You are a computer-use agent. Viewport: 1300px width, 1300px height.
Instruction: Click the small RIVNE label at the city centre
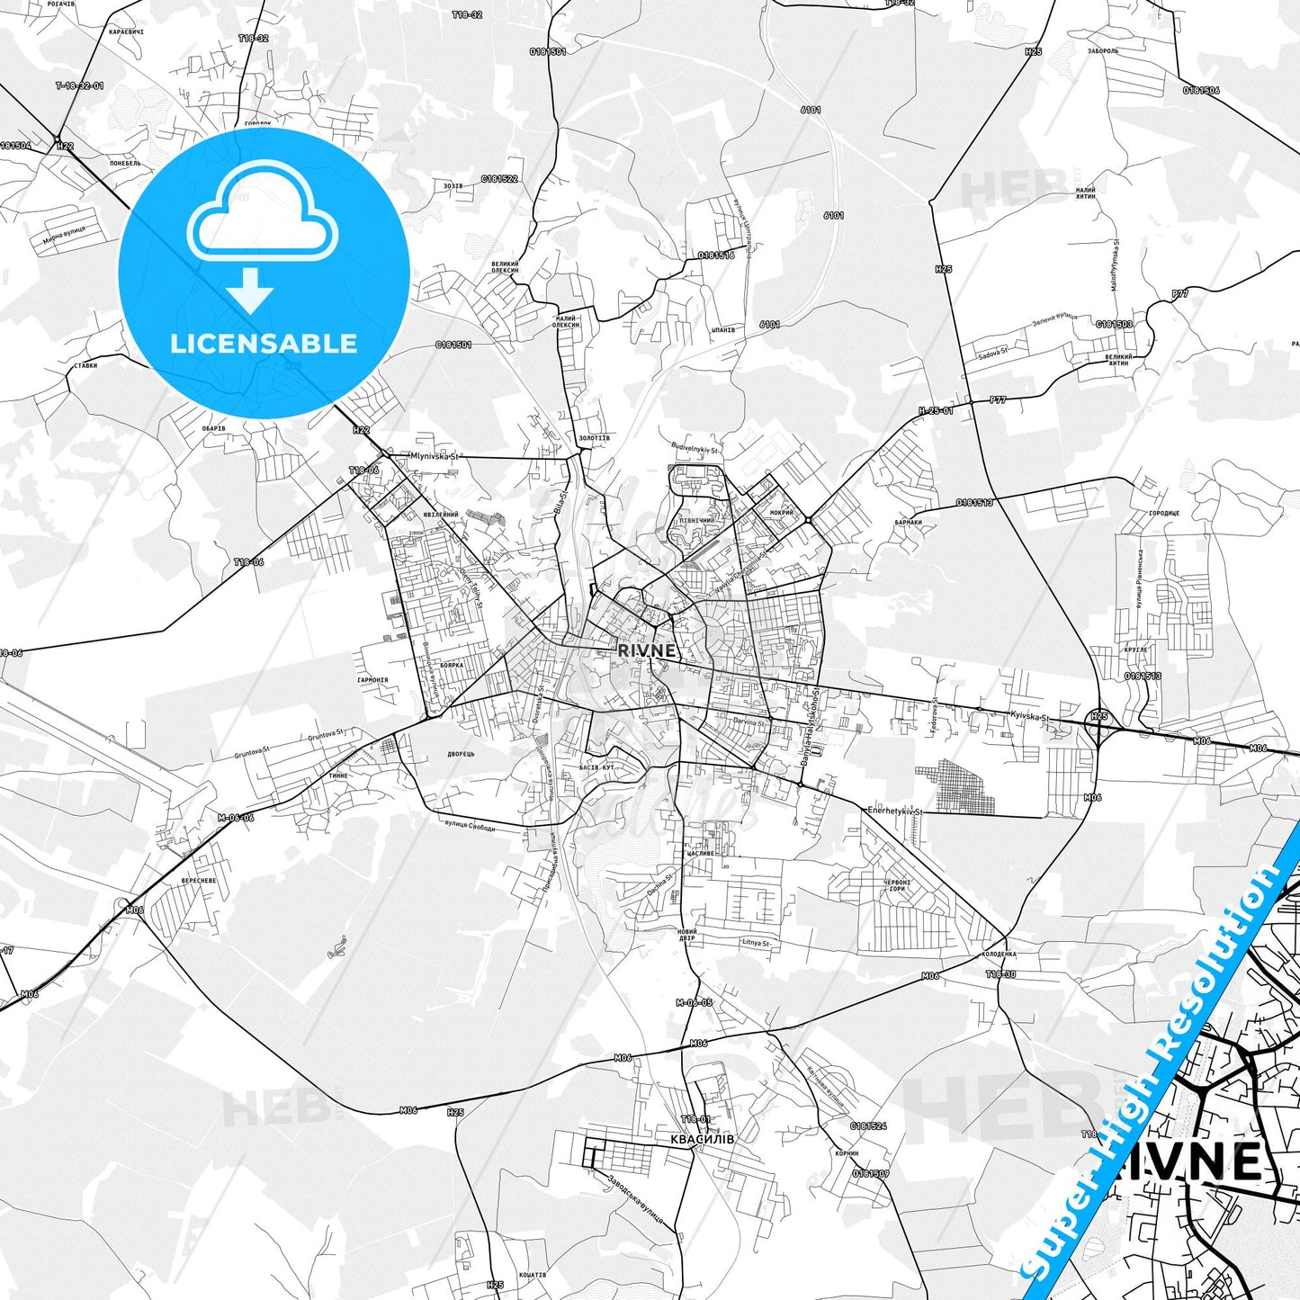pyautogui.click(x=647, y=650)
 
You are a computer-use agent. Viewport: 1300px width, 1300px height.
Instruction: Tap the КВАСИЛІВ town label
pyautogui.click(x=702, y=1138)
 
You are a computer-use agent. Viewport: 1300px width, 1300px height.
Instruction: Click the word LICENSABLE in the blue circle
pyautogui.click(x=264, y=344)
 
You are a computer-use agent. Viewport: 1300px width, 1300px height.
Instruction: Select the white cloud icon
pyautogui.click(x=263, y=210)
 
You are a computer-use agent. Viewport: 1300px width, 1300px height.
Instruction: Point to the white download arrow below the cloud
pyautogui.click(x=251, y=289)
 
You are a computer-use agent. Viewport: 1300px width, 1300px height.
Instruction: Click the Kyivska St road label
pyautogui.click(x=1029, y=717)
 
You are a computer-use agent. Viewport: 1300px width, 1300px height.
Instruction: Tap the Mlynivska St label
pyautogui.click(x=435, y=456)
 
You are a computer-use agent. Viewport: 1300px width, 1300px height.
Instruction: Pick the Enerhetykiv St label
pyautogui.click(x=895, y=811)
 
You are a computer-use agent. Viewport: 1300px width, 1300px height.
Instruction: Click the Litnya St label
pyautogui.click(x=756, y=943)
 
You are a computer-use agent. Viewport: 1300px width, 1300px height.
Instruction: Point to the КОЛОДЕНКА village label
pyautogui.click(x=999, y=954)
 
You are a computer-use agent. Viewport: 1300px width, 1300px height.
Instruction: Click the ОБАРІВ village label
pyautogui.click(x=213, y=428)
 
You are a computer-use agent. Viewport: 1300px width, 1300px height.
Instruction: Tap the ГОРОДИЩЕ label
pyautogui.click(x=1163, y=513)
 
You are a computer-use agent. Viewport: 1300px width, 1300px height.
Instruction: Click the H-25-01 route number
pyautogui.click(x=936, y=410)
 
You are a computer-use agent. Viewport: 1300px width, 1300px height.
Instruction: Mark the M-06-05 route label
pyautogui.click(x=694, y=1002)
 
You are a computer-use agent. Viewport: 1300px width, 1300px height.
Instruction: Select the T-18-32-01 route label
pyautogui.click(x=79, y=85)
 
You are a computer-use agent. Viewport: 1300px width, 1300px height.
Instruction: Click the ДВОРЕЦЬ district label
pyautogui.click(x=460, y=754)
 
